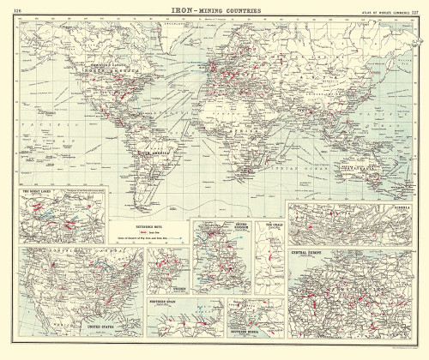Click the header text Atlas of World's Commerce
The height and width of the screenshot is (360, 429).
[x=378, y=9]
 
